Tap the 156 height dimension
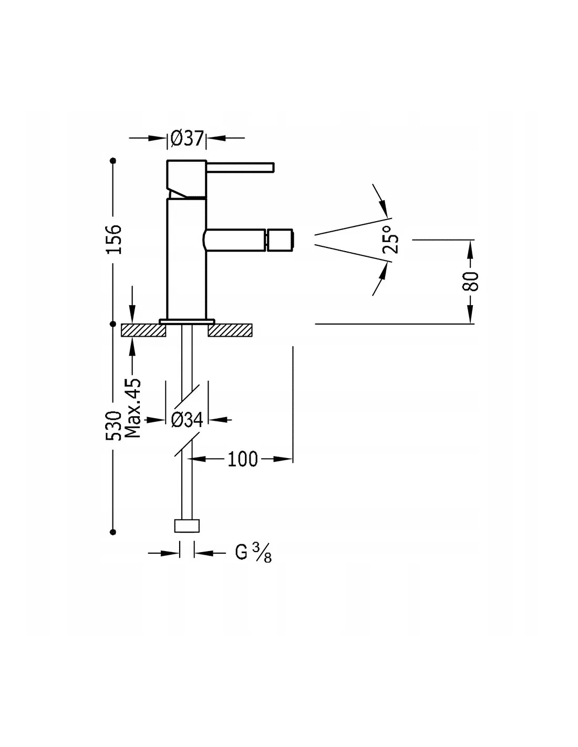point(114,239)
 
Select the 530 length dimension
point(114,425)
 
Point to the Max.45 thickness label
point(133,408)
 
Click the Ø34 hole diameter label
point(187,419)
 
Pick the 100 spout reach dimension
point(242,459)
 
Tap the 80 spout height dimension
point(471,281)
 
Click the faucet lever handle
point(240,167)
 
